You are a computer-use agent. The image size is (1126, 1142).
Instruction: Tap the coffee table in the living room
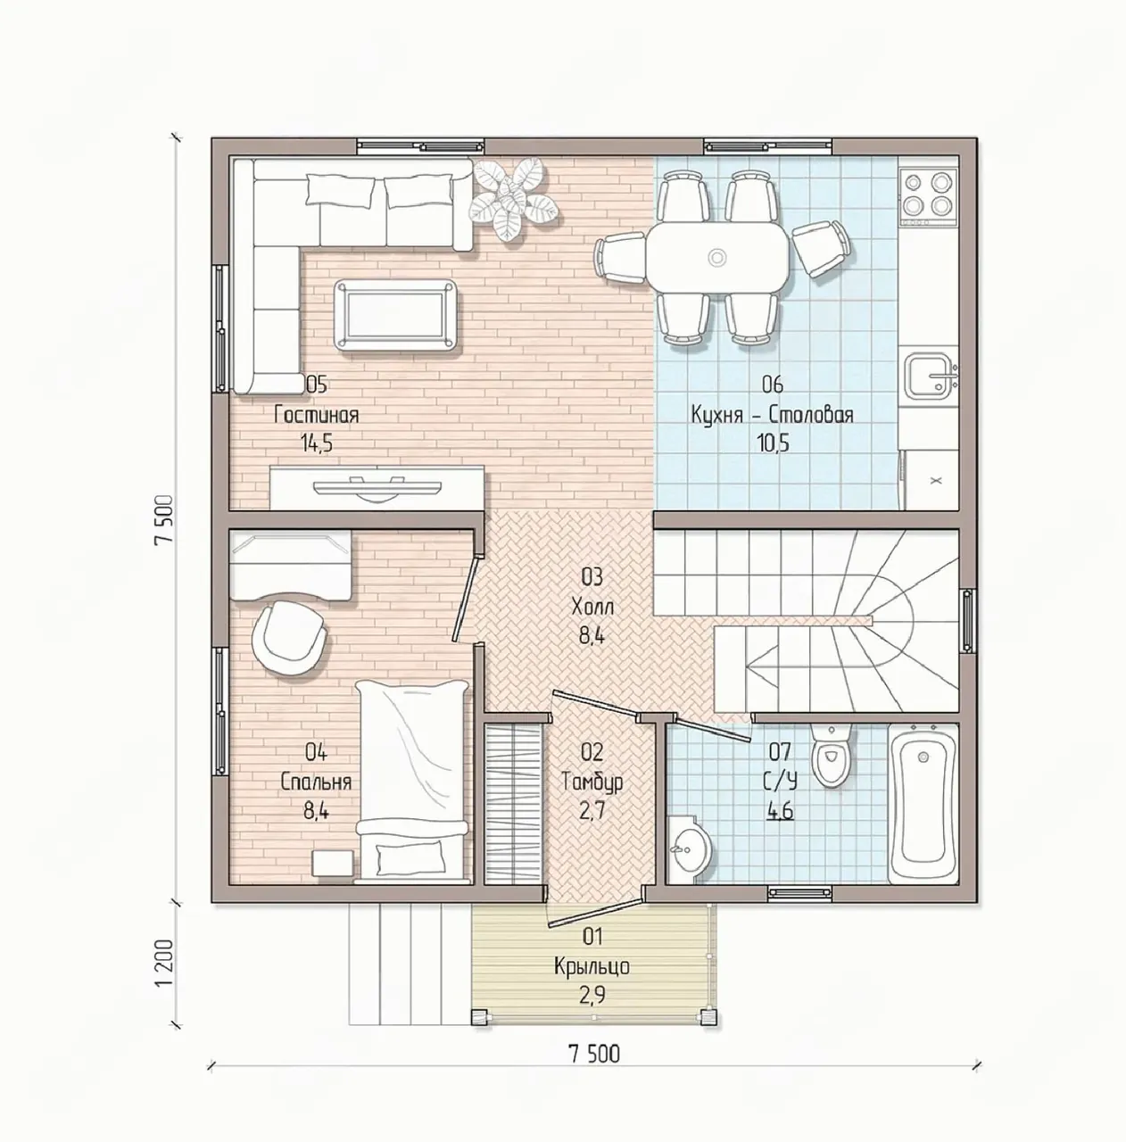[x=395, y=315]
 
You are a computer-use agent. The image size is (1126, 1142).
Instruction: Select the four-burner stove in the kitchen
[x=929, y=193]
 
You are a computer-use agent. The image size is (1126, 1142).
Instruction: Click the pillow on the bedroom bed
[x=410, y=856]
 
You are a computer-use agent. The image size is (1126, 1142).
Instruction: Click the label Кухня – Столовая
[x=772, y=415]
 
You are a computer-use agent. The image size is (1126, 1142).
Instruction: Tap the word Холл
[x=592, y=607]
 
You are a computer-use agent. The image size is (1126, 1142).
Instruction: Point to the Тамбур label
[x=592, y=782]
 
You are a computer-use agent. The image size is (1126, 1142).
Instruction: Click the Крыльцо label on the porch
[x=592, y=966]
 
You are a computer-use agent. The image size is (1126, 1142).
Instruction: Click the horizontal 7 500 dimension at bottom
[x=593, y=1055]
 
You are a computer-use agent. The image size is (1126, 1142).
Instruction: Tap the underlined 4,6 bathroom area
[x=780, y=811]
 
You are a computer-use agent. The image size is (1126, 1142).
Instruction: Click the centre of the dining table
[x=717, y=257]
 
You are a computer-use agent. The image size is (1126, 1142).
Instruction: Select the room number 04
[x=316, y=753]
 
